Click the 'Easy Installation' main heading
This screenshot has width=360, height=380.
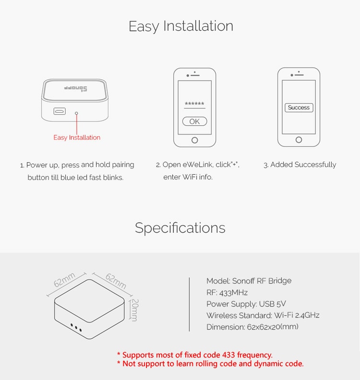pos(180,26)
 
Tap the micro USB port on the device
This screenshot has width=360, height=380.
pos(60,112)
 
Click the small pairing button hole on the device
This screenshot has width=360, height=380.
pos(76,113)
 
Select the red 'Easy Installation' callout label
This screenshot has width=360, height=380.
pos(77,138)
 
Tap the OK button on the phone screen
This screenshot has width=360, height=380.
pos(194,121)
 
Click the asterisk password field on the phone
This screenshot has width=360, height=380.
pos(194,105)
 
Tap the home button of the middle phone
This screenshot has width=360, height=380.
pos(194,140)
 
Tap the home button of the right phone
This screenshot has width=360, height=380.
pos(299,140)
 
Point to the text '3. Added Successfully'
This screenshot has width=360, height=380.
pos(300,165)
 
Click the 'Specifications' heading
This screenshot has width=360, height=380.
pos(180,227)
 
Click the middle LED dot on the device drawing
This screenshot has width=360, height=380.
pos(76,328)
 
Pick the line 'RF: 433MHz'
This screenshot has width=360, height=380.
pos(227,292)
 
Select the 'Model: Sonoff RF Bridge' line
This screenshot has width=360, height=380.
pos(249,281)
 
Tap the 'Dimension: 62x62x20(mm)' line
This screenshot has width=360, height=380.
pos(252,327)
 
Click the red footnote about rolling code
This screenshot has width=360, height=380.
pos(210,364)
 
